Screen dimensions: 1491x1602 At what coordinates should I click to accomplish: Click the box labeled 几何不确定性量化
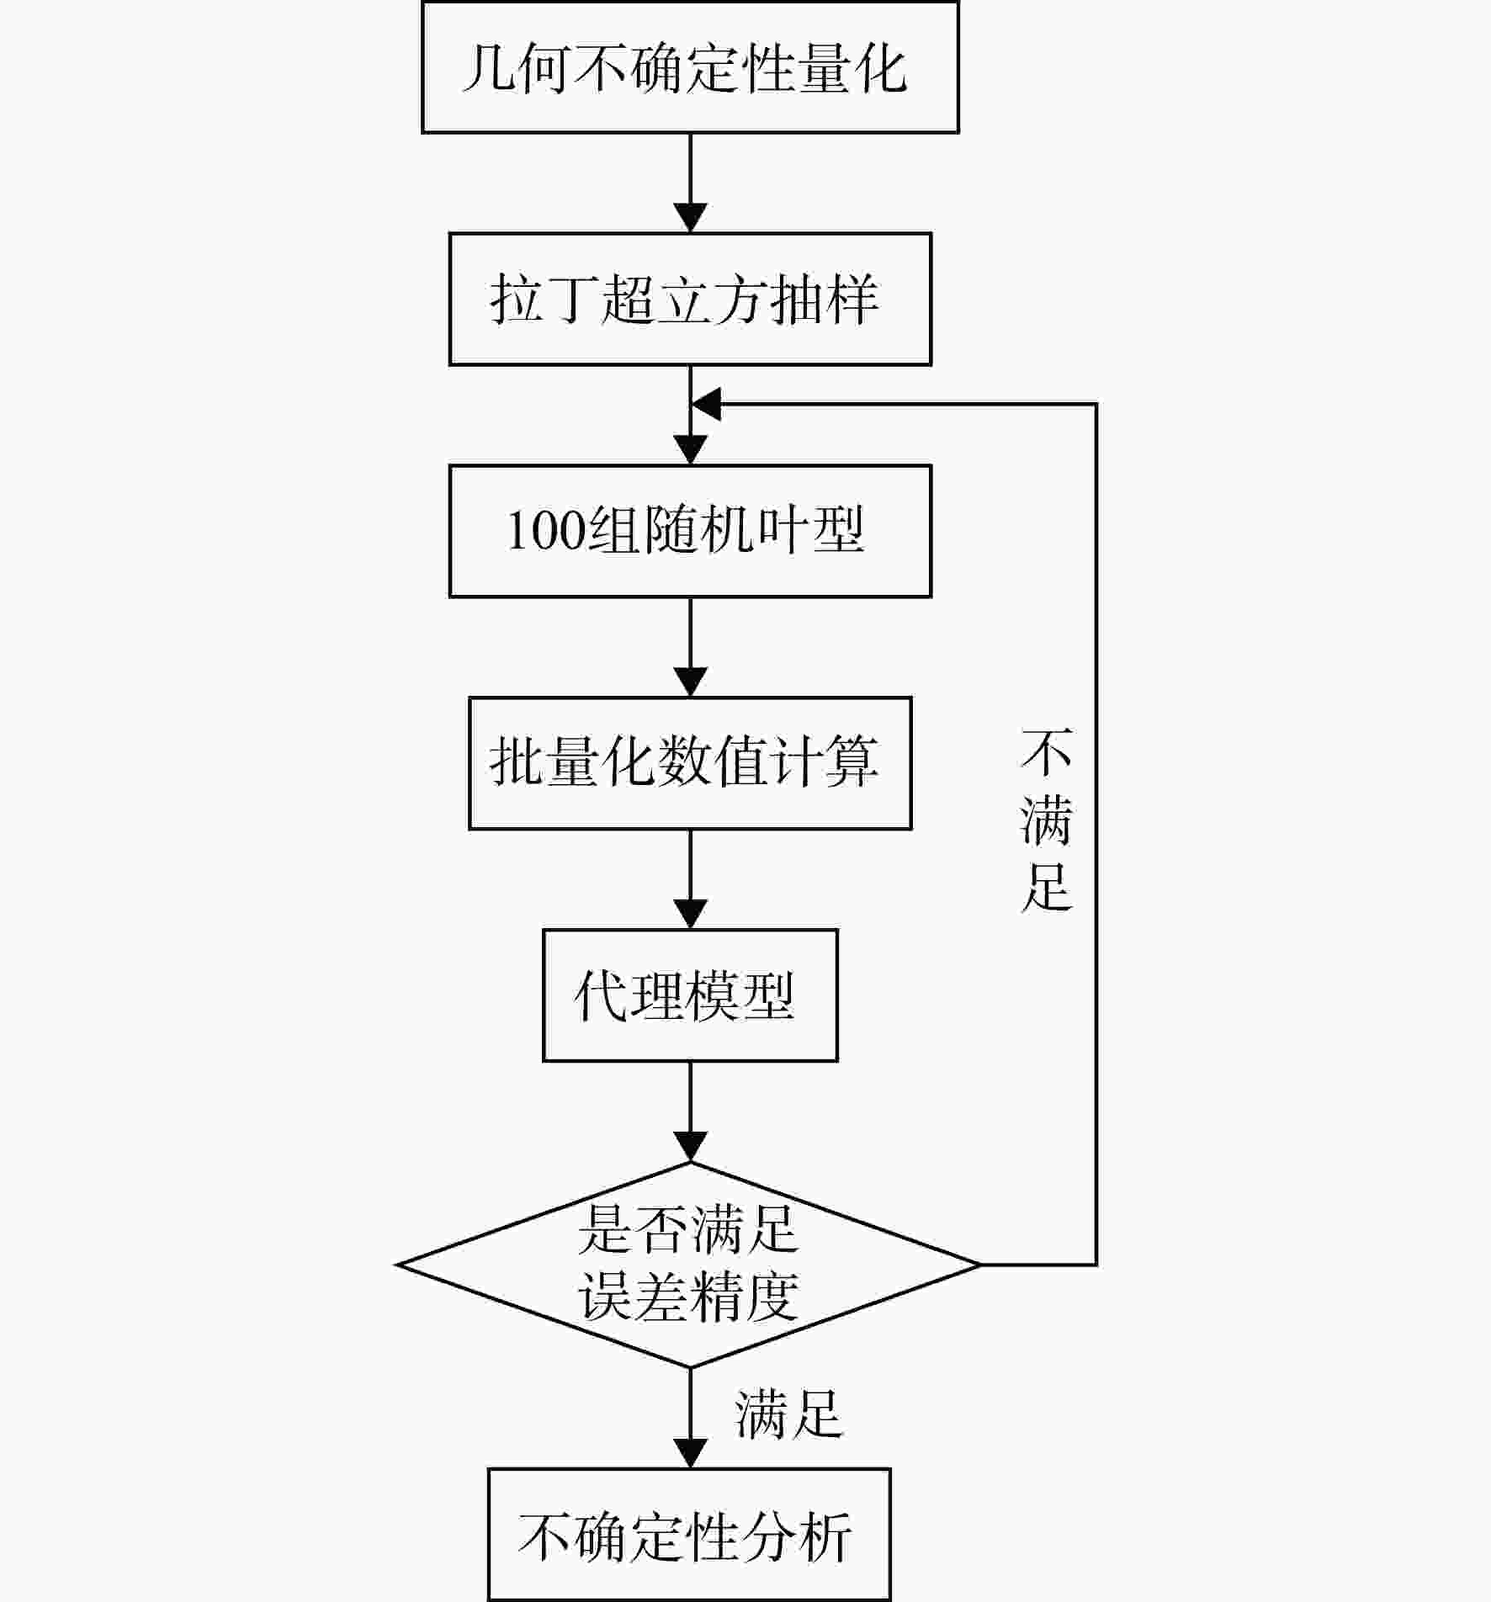point(690,67)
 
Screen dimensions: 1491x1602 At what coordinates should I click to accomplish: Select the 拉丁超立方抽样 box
point(690,299)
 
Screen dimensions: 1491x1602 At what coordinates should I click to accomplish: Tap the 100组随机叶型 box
point(690,531)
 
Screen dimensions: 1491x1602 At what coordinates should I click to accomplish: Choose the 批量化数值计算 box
point(690,763)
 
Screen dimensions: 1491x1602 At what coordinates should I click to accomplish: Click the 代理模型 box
point(690,995)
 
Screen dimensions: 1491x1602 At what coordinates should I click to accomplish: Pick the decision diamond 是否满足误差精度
point(690,1265)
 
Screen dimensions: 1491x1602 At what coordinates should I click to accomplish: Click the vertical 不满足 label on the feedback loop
point(1046,820)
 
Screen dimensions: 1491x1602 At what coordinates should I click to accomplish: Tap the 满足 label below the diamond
point(788,1414)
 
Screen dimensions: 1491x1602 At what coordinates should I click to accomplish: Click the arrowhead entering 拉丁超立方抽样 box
point(691,218)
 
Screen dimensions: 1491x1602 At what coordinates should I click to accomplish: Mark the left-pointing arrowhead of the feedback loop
point(706,404)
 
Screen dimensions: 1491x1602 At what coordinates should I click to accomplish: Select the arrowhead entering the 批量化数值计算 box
point(691,682)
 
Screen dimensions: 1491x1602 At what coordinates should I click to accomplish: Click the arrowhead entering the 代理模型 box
point(691,915)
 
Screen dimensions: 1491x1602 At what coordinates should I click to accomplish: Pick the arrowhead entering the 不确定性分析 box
point(691,1455)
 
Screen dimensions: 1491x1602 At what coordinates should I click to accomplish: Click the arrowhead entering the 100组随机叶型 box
point(691,450)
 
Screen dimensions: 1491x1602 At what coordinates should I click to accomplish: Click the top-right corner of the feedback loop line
point(1096,404)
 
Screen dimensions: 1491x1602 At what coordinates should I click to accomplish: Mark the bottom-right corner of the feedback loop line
point(1096,1265)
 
